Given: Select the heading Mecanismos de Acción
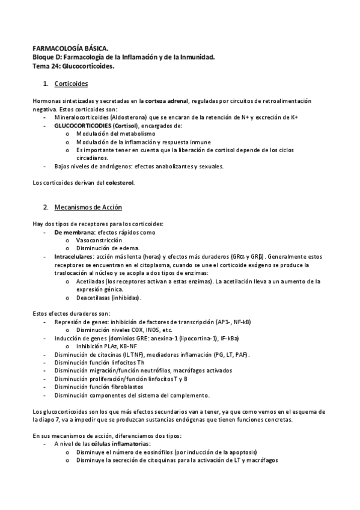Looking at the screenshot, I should coord(88,207).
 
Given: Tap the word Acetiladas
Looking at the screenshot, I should coord(90,281).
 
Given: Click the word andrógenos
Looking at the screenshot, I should coord(114,166).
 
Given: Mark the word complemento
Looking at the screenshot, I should coord(188,395).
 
